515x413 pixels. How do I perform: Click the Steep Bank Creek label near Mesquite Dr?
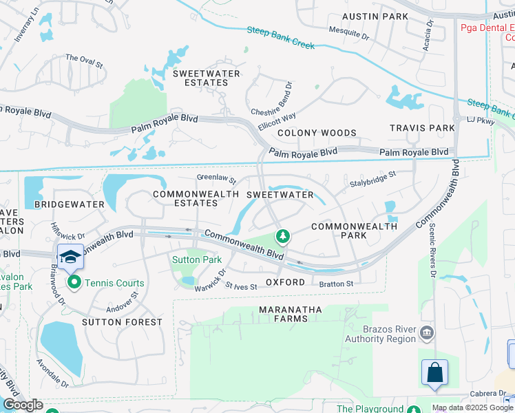tap(281, 37)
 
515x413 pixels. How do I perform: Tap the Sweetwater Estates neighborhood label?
tap(207, 78)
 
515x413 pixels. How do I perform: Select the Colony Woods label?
tap(317, 133)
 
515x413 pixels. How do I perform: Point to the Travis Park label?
tap(422, 128)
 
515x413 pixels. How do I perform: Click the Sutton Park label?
tap(196, 260)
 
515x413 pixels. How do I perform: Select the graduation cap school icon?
tap(70, 256)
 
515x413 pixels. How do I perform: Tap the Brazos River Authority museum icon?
tap(427, 334)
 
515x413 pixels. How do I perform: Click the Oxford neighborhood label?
tap(285, 283)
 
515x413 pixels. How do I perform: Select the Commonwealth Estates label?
tap(185, 199)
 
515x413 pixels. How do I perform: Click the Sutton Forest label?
tap(122, 322)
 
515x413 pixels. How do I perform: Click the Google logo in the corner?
tap(23, 405)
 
